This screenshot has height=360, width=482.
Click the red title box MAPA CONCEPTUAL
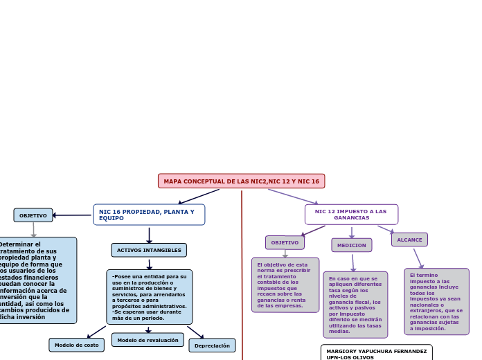(241, 181)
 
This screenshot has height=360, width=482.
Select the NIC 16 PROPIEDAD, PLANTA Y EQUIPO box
(149, 215)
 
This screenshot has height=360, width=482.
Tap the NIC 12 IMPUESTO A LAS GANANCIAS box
(351, 215)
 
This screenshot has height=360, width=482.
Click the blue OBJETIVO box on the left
(33, 215)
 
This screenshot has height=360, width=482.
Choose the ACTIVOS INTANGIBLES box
(149, 250)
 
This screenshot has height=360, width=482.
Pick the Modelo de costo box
(76, 345)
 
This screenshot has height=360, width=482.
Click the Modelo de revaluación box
(148, 340)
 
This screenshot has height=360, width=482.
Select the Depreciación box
(212, 345)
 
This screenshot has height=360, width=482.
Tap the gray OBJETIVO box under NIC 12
(285, 242)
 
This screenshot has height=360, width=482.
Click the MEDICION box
(351, 245)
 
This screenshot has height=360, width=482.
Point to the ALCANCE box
(409, 240)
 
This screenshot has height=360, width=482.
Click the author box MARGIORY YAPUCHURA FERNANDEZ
(376, 353)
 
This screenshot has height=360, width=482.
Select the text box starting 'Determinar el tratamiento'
(38, 280)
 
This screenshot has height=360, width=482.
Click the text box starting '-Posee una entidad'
(149, 297)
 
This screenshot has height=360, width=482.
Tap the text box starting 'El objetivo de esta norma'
(285, 285)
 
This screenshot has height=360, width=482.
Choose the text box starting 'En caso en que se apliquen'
(355, 305)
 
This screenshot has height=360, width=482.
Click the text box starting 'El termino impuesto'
(436, 302)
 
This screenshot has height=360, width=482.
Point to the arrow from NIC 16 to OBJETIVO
(72, 215)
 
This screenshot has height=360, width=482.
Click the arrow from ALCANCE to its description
(418, 258)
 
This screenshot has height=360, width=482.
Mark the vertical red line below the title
(242, 277)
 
